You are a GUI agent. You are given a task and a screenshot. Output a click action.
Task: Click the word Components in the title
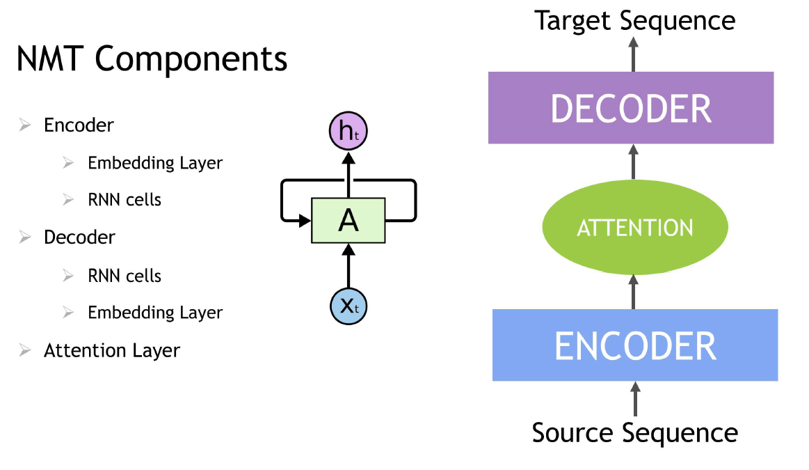pos(191,61)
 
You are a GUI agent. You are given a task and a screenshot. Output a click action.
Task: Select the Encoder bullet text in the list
pos(79,125)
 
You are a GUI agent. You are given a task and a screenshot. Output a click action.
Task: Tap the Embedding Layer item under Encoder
pos(154,163)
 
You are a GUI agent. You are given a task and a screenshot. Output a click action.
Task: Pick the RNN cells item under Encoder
pos(124,200)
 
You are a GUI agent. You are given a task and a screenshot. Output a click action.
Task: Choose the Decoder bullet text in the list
pos(79,237)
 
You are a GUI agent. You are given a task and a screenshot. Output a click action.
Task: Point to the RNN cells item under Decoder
pos(124,276)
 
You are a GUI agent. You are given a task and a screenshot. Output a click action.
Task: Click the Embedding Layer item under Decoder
pos(154,313)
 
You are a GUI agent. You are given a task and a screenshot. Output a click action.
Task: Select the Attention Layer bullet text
pos(111,350)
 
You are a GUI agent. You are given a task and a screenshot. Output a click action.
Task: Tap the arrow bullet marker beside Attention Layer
pos(25,350)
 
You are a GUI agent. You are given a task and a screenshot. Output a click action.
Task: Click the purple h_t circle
pos(348,130)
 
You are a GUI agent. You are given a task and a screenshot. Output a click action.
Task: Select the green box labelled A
pos(348,221)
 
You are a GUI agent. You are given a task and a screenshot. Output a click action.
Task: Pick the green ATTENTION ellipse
pos(634,228)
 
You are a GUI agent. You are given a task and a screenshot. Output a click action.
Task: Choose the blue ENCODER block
pos(634,345)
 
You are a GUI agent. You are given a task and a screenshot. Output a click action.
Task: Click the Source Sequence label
pos(634,432)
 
